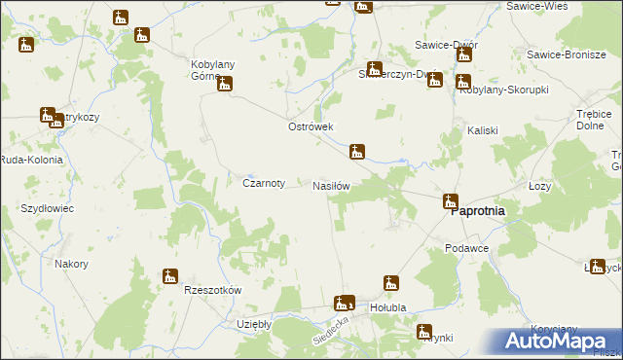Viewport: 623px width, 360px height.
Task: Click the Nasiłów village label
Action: pyautogui.click(x=330, y=185)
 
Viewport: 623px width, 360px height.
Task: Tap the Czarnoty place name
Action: pyautogui.click(x=263, y=183)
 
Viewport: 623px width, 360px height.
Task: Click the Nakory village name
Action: pyautogui.click(x=72, y=264)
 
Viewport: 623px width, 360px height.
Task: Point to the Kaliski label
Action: pyautogui.click(x=483, y=130)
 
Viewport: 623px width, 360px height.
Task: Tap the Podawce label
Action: pyautogui.click(x=466, y=248)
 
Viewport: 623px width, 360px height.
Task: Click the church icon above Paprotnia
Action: pyautogui.click(x=450, y=201)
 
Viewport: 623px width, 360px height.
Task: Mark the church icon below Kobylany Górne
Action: pyautogui.click(x=226, y=84)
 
